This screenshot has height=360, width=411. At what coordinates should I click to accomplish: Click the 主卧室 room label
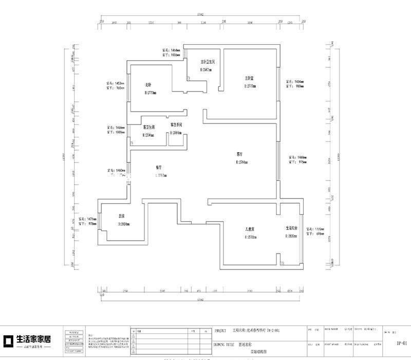(x=250, y=79)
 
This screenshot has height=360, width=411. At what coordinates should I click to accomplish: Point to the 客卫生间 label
(x=150, y=127)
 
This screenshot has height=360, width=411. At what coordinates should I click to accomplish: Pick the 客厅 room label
(x=239, y=154)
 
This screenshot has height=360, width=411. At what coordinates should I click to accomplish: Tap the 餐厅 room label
(x=159, y=168)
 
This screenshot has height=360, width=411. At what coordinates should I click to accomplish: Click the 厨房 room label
(x=122, y=216)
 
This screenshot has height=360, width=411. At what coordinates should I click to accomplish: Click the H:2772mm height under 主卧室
(x=251, y=86)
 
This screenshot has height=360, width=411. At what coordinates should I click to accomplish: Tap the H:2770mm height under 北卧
(x=151, y=93)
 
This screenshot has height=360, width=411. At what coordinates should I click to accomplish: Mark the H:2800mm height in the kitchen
(x=124, y=224)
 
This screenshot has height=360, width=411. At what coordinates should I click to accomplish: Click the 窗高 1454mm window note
(x=295, y=81)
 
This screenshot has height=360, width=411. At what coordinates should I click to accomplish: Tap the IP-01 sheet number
(x=402, y=343)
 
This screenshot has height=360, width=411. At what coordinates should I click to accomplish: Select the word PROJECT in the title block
(x=220, y=331)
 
